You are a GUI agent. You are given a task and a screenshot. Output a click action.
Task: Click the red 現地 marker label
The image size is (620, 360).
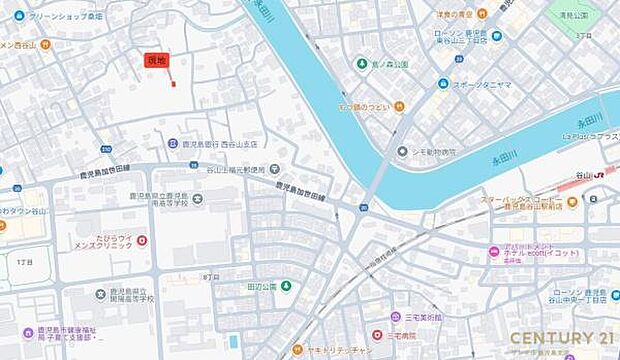tap(156, 61)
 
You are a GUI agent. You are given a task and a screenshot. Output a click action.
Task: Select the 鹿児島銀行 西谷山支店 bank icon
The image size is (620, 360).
tap(172, 143)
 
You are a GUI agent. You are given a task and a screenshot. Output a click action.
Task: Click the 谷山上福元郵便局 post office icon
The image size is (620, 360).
tap(274, 169)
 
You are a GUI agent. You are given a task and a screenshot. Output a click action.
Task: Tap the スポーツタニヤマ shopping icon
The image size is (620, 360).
tap(443, 85)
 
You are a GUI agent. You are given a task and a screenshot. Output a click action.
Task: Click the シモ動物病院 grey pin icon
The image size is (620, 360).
tap(401, 151)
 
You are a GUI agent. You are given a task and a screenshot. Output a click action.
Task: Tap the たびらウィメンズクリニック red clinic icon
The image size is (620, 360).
tap(141, 241)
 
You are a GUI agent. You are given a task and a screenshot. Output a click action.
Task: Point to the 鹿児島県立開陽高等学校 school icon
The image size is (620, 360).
tap(100, 294)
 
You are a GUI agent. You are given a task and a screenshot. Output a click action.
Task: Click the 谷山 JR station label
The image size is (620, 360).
tap(590, 176)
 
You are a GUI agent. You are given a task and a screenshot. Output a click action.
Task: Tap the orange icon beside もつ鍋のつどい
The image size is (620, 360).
tap(399, 106)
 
